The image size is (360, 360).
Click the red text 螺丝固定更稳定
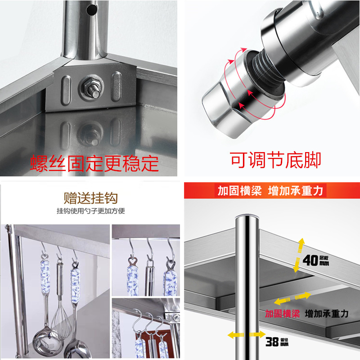(x=94, y=163)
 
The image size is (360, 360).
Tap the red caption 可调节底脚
(x=275, y=160)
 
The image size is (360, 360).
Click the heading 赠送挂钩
(x=90, y=198)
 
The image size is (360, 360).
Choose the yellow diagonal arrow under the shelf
(x=293, y=299)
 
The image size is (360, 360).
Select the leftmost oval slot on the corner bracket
(x=66, y=87)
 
